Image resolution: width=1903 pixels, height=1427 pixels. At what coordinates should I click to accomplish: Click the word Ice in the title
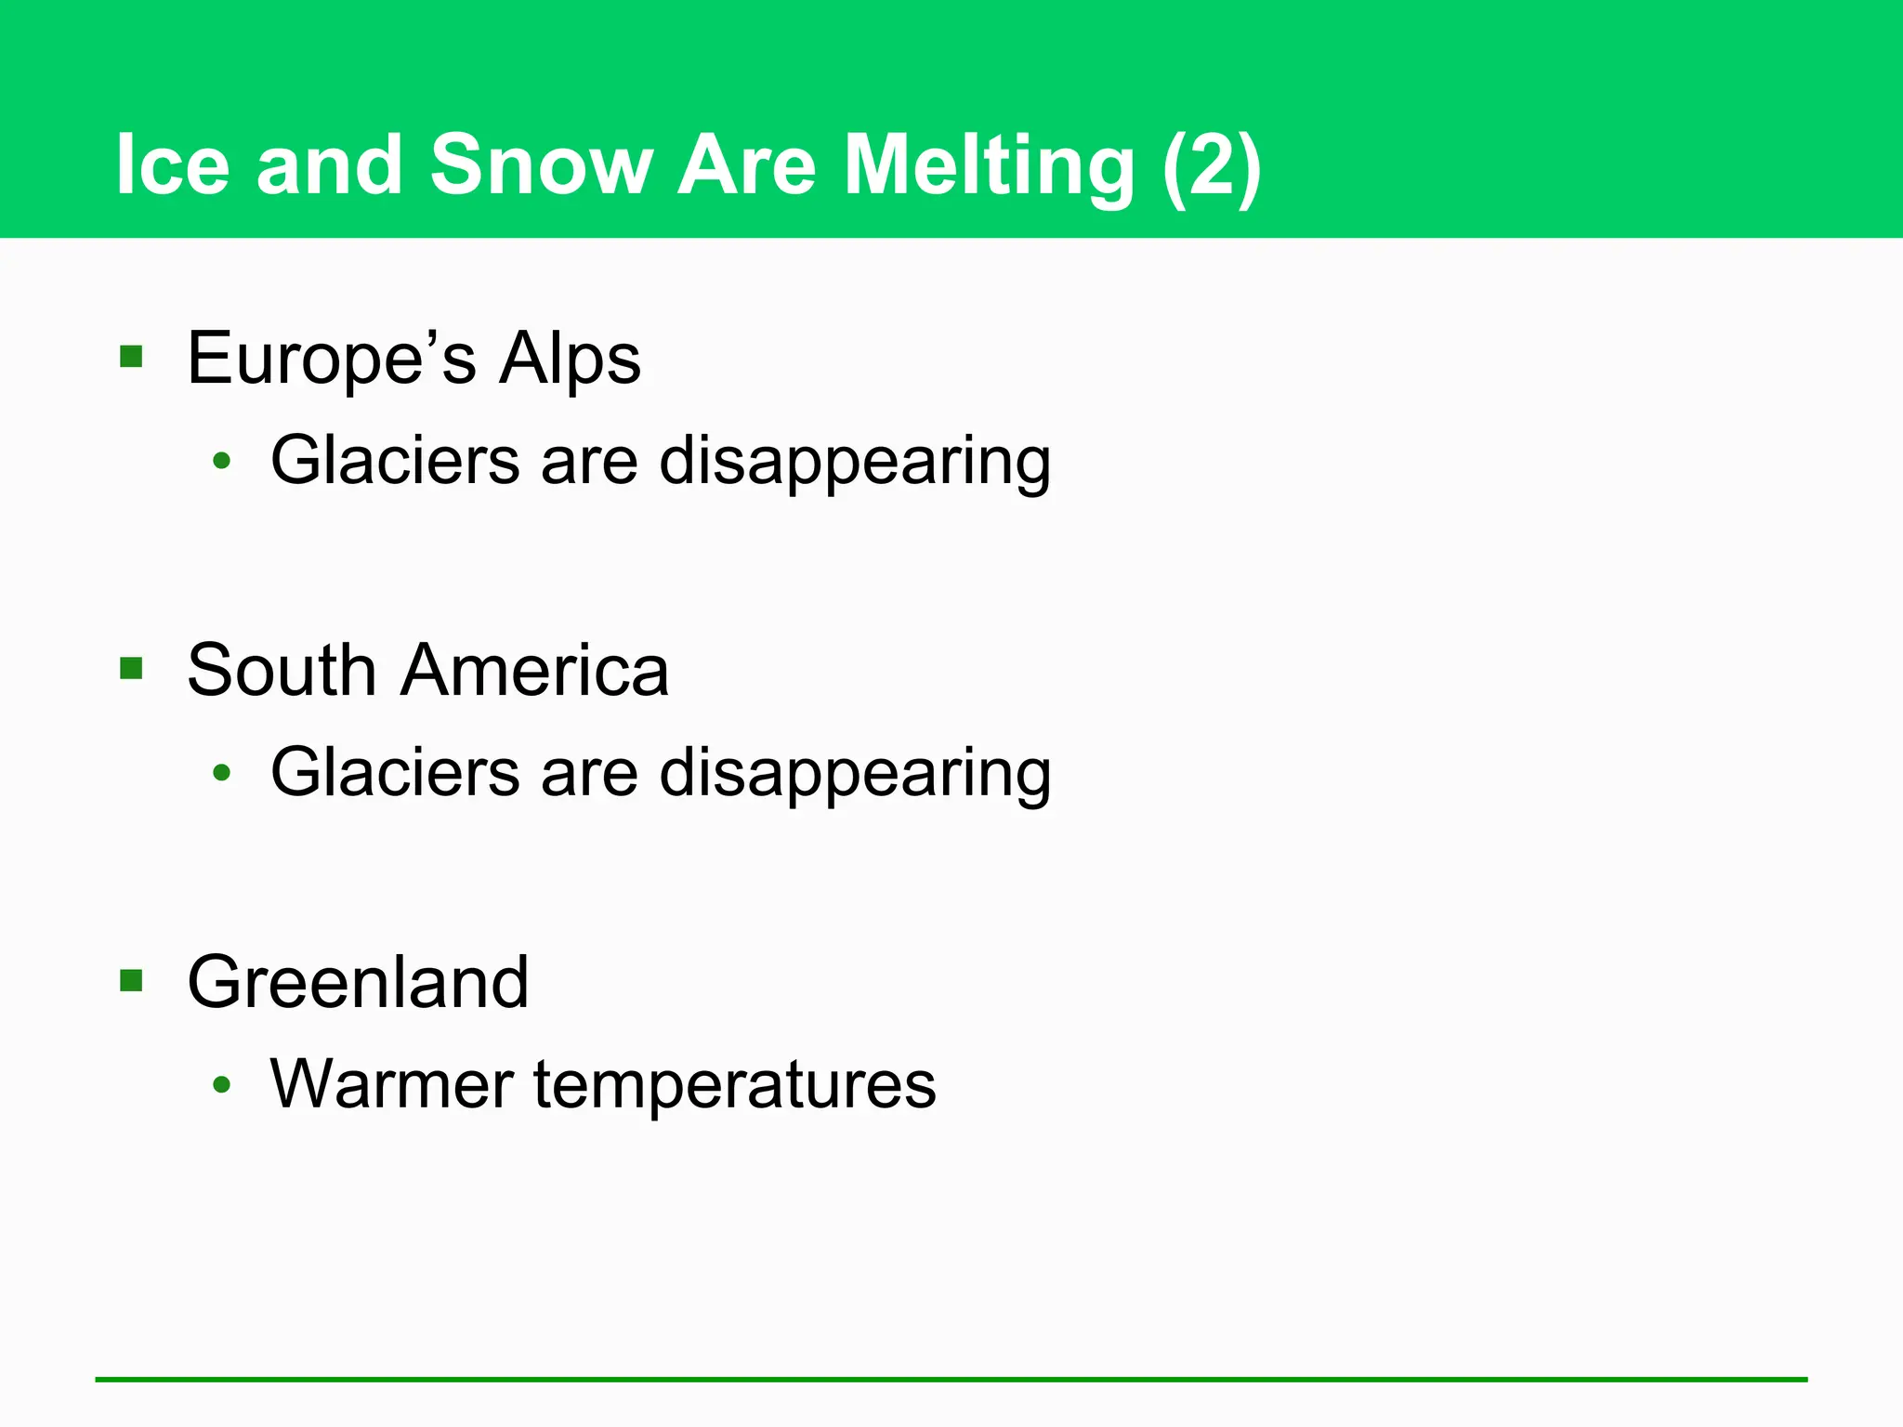coord(173,164)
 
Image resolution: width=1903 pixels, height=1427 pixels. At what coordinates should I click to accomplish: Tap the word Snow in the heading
coord(541,164)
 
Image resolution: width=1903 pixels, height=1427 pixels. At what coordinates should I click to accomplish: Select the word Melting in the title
coord(989,164)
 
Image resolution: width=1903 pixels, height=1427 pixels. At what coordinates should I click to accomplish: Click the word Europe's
coord(331,359)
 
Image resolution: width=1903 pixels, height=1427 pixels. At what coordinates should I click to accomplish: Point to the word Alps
coord(569,359)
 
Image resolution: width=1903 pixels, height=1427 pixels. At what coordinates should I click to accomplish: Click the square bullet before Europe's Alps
coord(131,357)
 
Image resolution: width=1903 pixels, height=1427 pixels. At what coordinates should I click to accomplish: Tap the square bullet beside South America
coord(131,669)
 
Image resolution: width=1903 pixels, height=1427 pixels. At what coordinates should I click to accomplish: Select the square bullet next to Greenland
coord(131,981)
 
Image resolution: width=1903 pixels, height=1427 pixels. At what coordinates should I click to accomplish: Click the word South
coord(281,670)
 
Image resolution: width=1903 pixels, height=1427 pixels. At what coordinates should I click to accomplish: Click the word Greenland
coord(358,982)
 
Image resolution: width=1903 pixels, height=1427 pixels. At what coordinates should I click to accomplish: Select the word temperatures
coord(734,1085)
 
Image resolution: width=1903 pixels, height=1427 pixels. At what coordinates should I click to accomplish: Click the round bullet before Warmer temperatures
coord(221,1084)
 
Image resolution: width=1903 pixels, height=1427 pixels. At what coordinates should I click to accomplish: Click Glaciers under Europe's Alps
coord(395,460)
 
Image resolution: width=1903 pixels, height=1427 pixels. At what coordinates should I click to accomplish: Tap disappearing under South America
coord(854,773)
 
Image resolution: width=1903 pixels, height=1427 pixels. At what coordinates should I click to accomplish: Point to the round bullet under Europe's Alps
coord(221,460)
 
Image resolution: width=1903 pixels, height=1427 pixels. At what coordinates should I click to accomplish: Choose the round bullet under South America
coord(221,772)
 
